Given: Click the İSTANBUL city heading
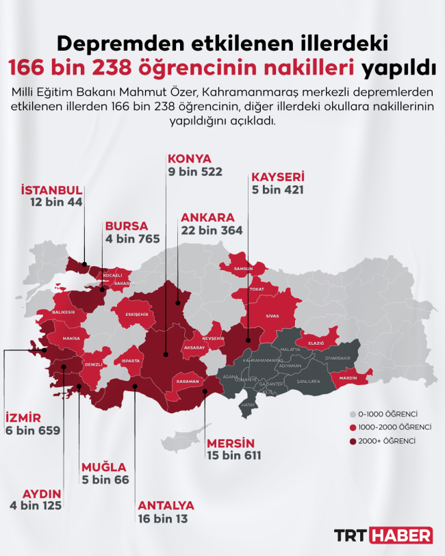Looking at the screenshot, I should pos(52,189).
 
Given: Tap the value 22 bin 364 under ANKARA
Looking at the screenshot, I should pos(212,230).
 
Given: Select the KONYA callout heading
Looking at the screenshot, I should pos(190,159).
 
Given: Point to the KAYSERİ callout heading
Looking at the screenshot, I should pos(277,176).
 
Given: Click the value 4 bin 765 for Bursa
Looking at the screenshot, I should pos(132,239).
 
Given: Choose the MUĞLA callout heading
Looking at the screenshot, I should pos(103,467).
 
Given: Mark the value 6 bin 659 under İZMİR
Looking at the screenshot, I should pos(33,431).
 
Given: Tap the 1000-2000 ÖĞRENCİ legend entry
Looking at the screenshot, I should pos(393,427).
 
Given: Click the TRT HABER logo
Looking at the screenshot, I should pos(383,535).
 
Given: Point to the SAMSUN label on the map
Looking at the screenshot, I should pos(244,269).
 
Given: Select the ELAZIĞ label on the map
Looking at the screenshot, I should pos(316,343).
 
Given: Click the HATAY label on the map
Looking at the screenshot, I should pos(249,406).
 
